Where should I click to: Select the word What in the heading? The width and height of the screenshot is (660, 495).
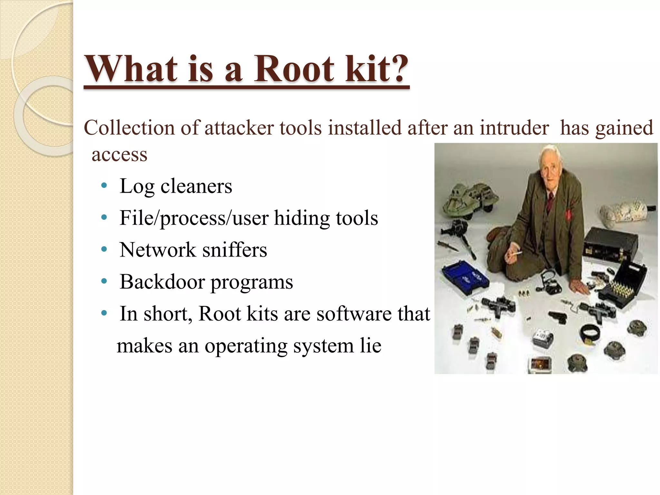coord(131,69)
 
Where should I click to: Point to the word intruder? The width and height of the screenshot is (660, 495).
coord(514,128)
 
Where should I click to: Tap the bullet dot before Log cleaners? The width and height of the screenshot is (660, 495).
coord(103,186)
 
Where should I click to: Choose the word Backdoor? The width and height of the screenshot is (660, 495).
coord(162,282)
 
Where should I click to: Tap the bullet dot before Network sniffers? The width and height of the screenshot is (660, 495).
coord(103,250)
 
